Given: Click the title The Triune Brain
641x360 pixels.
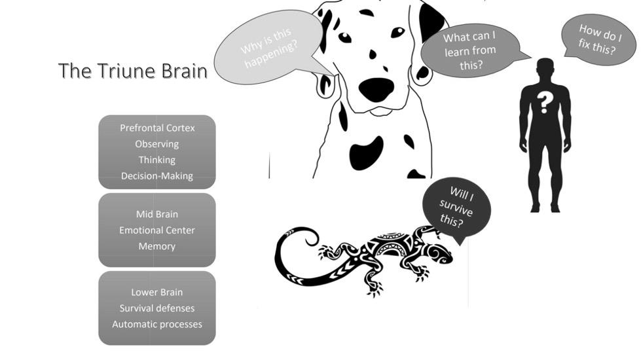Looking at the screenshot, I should tap(132, 71).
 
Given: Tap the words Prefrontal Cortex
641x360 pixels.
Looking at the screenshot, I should tap(157, 128).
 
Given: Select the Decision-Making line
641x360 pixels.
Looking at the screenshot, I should tap(157, 175).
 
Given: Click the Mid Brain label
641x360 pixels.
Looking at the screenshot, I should tap(157, 214).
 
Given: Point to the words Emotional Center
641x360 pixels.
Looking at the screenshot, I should tap(157, 230).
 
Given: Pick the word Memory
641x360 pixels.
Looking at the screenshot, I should tap(157, 246).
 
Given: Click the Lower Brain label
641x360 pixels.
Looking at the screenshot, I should tap(157, 292).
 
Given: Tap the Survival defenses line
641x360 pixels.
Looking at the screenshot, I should tap(157, 308).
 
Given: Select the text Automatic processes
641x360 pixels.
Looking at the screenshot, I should tap(157, 324).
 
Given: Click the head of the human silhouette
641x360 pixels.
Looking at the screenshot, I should tap(545, 69).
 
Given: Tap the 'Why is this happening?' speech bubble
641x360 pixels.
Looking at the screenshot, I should tap(268, 51).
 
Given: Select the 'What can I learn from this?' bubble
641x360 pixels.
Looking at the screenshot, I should tap(470, 50).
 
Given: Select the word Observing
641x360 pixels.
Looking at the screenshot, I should tap(157, 144).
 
